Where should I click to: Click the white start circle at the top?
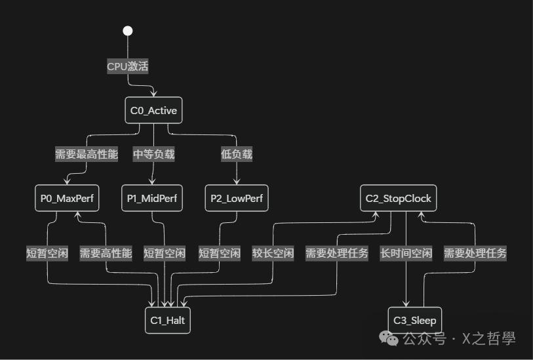(128, 31)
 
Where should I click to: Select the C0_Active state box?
(153, 111)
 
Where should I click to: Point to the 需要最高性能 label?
(87, 155)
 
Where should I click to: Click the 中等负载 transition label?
(154, 155)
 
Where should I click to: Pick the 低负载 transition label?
(237, 155)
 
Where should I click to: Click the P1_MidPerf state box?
(153, 199)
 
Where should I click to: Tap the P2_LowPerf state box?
(237, 199)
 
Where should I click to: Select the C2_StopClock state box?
(399, 199)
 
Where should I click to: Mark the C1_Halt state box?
(168, 321)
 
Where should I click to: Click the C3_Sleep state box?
(414, 321)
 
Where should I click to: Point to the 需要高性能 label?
(106, 253)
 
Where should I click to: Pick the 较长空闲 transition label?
(273, 253)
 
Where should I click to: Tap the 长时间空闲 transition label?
(406, 253)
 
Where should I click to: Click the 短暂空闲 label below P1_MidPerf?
(165, 253)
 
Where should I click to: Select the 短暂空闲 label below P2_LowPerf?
(219, 253)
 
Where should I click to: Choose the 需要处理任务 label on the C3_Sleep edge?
(475, 253)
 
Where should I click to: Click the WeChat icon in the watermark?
(391, 338)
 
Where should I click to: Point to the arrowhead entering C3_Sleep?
(406, 304)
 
